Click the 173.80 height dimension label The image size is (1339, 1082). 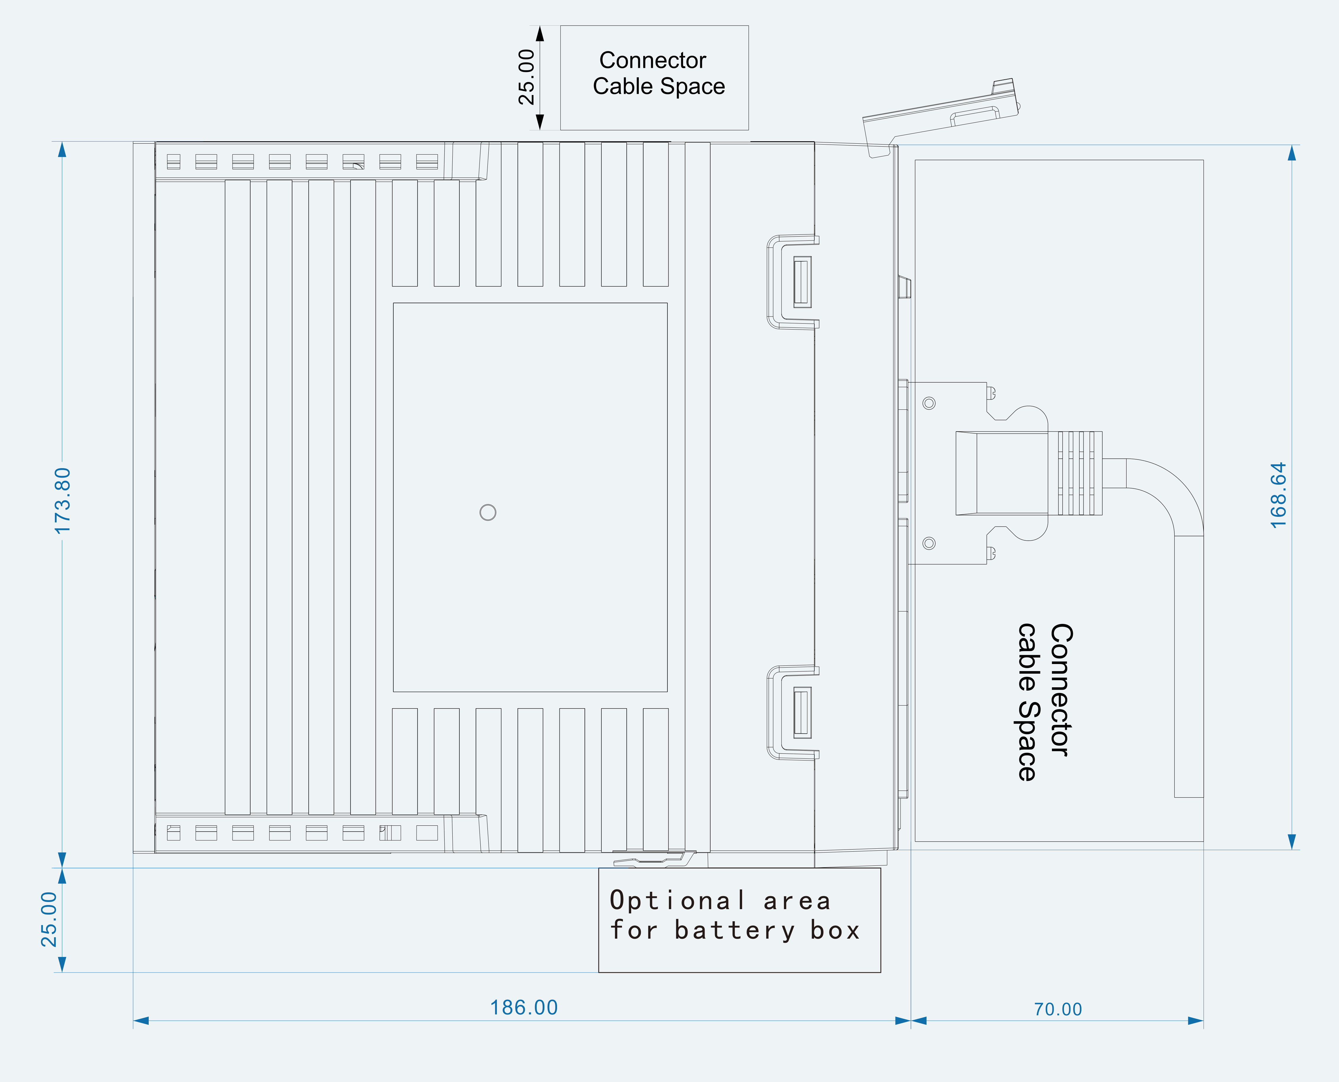point(63,501)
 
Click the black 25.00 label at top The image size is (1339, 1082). point(527,77)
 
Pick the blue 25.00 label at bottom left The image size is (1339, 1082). point(49,919)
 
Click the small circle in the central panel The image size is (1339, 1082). point(488,512)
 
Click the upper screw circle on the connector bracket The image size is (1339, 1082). point(929,403)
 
